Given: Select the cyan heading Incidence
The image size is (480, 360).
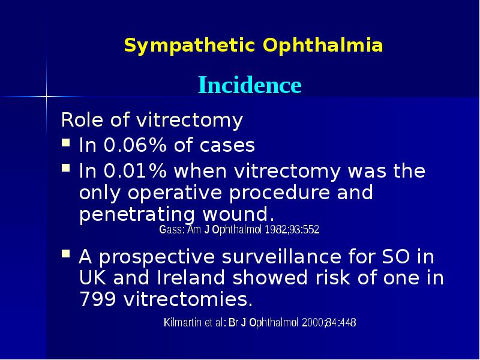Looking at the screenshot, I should pos(250,85).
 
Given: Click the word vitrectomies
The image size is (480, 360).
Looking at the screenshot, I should pos(188,299).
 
